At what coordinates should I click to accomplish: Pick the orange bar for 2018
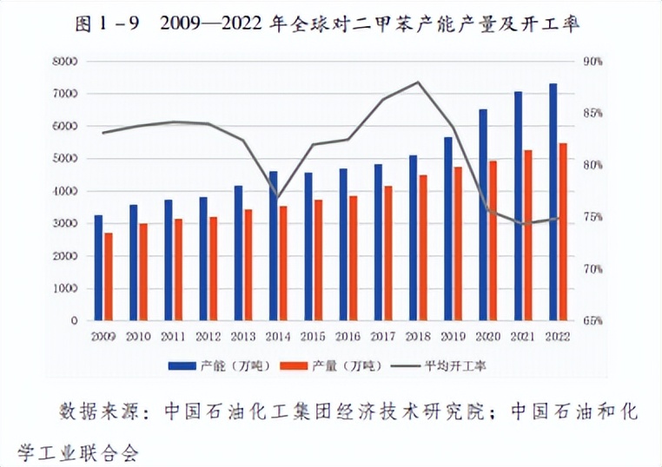tap(423, 248)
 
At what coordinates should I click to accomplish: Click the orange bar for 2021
tap(528, 235)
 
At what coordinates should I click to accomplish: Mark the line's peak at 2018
tap(418, 82)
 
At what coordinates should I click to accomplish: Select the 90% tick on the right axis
tap(593, 61)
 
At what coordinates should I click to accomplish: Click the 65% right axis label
tap(593, 321)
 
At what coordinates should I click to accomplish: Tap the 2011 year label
tap(174, 336)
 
